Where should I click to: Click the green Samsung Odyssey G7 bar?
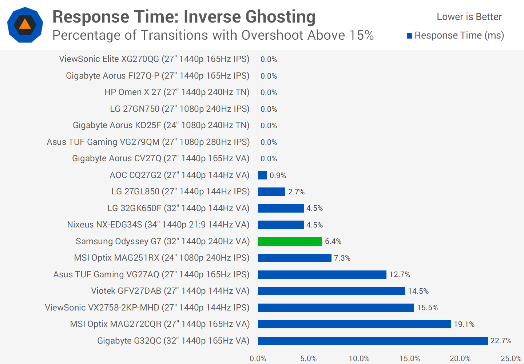pos(290,241)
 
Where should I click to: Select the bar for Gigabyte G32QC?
pos(373,341)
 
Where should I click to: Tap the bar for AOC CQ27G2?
pos(262,175)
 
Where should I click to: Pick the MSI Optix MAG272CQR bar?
pos(354,324)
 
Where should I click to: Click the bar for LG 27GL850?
pos(271,191)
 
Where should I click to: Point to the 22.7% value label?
pos(501,341)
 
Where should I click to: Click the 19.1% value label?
pos(464,324)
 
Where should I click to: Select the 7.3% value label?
pos(342,258)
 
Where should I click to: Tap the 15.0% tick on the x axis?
pos(410,359)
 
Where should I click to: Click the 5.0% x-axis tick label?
pos(309,359)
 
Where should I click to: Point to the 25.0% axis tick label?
pos(511,359)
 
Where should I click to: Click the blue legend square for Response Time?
pos(409,36)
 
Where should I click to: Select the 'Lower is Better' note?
pos(469,17)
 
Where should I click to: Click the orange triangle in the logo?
pos(25,24)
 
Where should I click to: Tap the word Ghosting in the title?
pos(280,17)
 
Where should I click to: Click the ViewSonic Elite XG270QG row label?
pos(154,59)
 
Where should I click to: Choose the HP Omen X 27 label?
pos(177,92)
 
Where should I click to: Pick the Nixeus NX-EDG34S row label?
pos(158,225)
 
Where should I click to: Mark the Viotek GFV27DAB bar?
pos(331,291)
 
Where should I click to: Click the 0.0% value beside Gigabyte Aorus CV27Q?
pos(269,159)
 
